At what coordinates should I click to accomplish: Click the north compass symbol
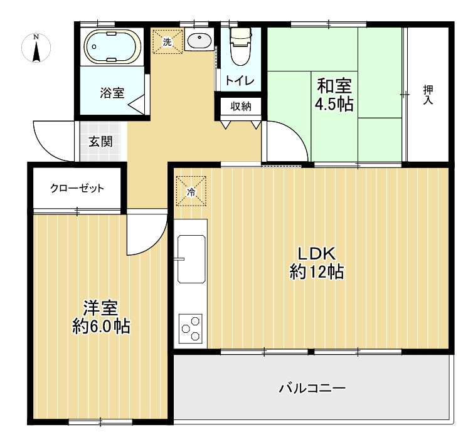click(36, 48)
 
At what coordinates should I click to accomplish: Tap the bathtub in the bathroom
click(112, 47)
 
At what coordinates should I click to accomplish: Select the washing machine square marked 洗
click(167, 41)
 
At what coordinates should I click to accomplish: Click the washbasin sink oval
click(199, 41)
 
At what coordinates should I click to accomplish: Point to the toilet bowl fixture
click(241, 46)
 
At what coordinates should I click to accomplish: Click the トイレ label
click(240, 81)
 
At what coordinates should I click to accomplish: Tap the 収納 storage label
click(241, 107)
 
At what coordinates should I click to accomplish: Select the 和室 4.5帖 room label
click(334, 95)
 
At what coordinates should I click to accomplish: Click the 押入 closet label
click(428, 95)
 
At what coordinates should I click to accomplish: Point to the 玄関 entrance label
click(101, 141)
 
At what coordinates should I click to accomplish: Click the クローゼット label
click(77, 188)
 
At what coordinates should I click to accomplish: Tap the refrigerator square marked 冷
click(191, 191)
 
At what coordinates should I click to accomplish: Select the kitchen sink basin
click(191, 259)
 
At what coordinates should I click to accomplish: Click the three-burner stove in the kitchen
click(191, 329)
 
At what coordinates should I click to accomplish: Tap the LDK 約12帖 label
click(317, 263)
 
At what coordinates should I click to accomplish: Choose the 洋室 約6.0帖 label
click(101, 317)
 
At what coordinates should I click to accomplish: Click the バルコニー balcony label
click(312, 387)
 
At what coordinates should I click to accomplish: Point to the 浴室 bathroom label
click(112, 93)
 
